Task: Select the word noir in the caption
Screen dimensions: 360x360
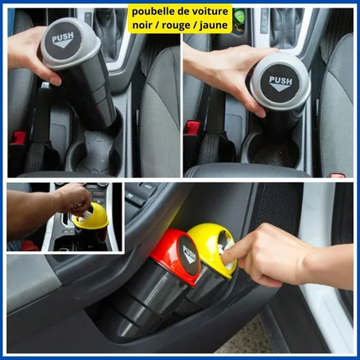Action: [x=144, y=26]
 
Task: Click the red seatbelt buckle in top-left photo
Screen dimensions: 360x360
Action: [x=17, y=139]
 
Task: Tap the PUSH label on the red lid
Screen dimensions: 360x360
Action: [x=188, y=254]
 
